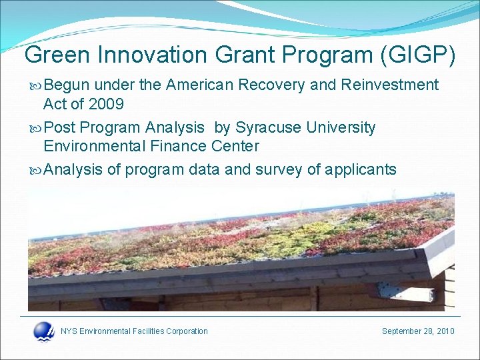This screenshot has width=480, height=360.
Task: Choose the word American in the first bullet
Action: point(199,85)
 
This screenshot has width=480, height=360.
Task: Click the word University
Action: point(341,127)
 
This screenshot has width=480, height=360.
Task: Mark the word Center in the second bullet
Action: point(235,146)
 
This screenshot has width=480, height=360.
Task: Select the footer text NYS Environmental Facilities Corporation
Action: point(134,331)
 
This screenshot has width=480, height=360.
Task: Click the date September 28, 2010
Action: point(418,331)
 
